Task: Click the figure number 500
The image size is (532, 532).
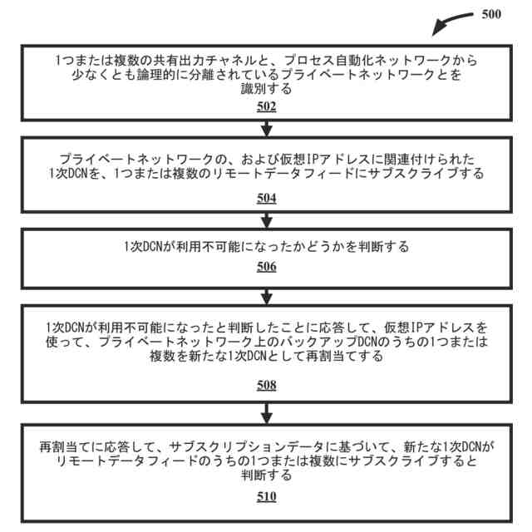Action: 491,13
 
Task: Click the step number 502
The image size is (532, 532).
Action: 266,107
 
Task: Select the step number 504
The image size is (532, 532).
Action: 266,199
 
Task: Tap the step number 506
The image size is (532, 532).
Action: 266,267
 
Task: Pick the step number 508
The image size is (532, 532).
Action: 266,385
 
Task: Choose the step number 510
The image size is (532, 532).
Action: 266,497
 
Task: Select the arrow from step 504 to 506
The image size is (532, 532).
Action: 266,219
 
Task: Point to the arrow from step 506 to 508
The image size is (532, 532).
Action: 266,294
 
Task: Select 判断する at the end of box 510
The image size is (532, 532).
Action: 266,475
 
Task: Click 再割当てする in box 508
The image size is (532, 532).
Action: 346,356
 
